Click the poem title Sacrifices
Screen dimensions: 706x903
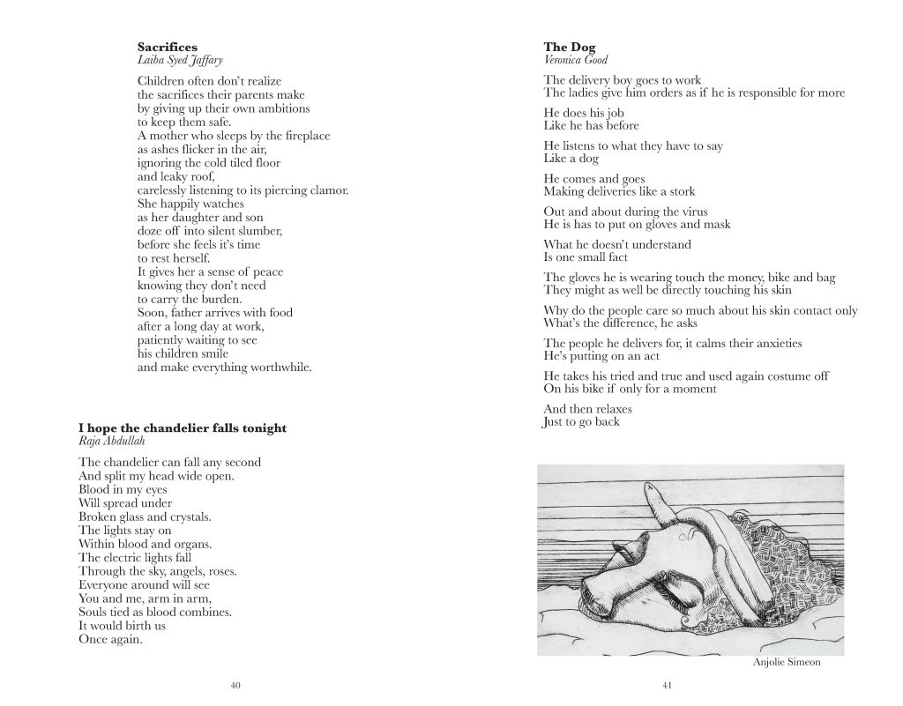[x=168, y=47]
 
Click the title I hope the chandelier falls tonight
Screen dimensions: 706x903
[x=183, y=428]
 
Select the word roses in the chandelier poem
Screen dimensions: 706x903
[x=219, y=571]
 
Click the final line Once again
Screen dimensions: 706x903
[x=110, y=639]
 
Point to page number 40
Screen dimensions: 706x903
[x=235, y=685]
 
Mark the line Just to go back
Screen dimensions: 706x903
[x=581, y=422]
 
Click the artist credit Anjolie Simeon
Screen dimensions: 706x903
[x=787, y=663]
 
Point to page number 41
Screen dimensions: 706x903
[x=668, y=685]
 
